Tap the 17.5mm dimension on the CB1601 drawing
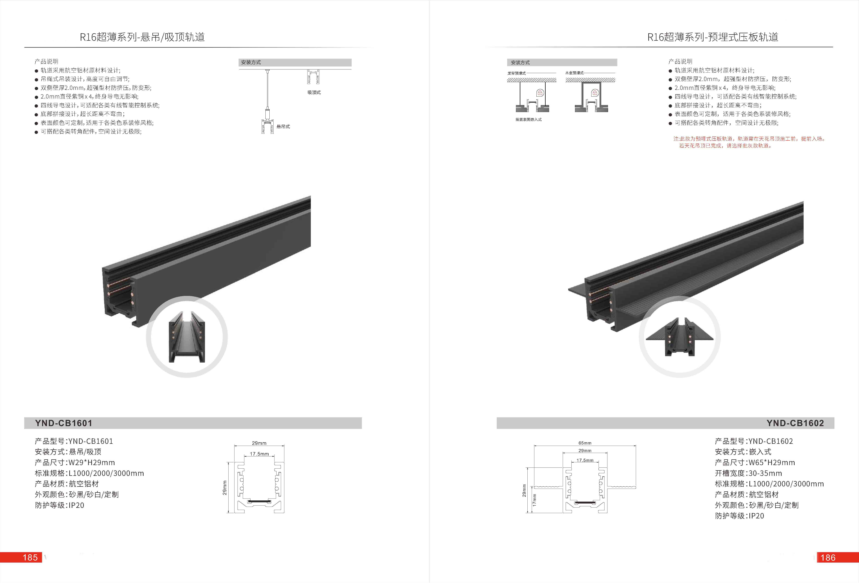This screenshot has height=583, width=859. click(x=259, y=454)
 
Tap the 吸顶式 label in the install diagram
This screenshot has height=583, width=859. click(x=314, y=92)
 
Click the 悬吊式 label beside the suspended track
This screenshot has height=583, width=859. click(x=283, y=126)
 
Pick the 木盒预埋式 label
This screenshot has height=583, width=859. click(x=574, y=73)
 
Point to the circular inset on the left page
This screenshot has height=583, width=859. click(x=187, y=337)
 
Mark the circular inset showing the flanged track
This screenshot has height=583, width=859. click(x=679, y=337)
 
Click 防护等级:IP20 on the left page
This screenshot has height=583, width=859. click(x=60, y=505)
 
